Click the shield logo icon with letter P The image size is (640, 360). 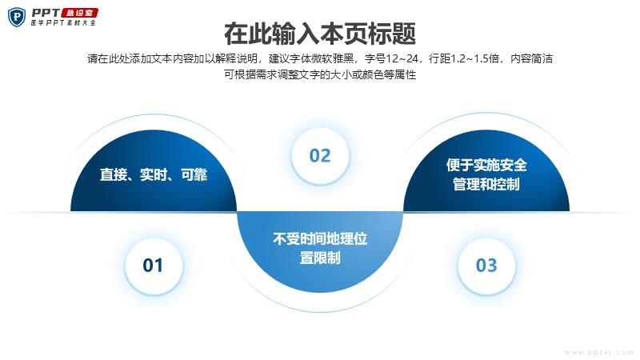17,17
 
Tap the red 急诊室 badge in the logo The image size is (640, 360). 79,13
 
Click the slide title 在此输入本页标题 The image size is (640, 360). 320,34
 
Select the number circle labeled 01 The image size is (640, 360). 153,266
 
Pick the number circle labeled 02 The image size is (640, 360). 320,155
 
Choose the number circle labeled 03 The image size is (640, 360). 486,266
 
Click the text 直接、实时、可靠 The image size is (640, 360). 154,174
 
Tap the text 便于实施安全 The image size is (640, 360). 486,165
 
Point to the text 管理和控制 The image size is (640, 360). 486,185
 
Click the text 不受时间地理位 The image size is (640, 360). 320,238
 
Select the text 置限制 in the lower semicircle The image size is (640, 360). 320,258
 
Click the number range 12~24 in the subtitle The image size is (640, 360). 402,58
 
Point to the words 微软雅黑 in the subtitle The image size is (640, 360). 333,58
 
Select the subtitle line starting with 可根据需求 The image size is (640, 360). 320,74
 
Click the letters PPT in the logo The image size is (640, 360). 46,13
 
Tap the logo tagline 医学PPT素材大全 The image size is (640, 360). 64,23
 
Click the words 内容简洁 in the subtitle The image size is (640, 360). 532,58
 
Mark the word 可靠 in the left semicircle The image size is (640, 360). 194,174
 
